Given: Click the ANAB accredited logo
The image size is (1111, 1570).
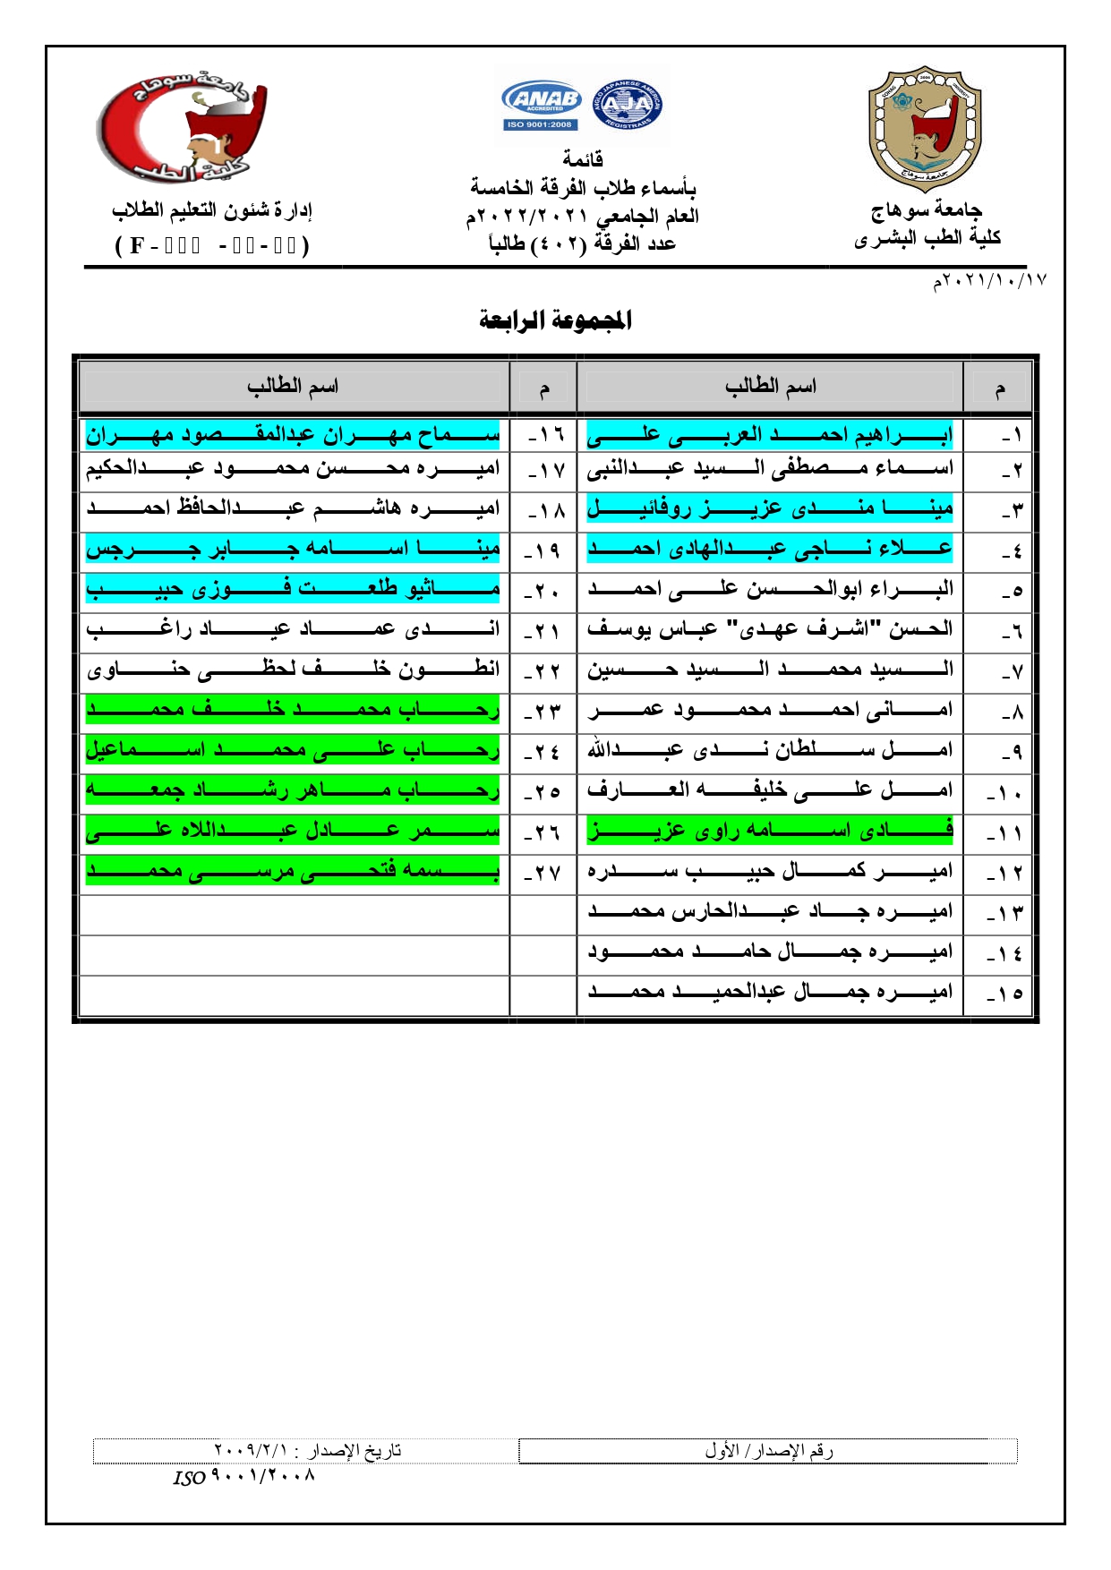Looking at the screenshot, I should (542, 106).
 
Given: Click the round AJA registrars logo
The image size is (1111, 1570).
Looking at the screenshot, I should (628, 105).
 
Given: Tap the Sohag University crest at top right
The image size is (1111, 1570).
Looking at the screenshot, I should (925, 129).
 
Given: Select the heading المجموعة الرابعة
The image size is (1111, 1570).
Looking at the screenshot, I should (555, 320).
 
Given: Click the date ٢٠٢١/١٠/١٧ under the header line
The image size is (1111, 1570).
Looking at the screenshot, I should (989, 281).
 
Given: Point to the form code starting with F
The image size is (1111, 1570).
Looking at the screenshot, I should (212, 245).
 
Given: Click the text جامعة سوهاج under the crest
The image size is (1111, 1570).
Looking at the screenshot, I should (926, 210).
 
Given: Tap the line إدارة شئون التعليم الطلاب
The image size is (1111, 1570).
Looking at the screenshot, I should (212, 211).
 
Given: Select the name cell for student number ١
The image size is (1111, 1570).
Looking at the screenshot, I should (770, 436).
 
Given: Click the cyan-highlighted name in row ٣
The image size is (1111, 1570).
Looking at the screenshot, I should (770, 509).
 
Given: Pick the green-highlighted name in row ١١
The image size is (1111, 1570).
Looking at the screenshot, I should (770, 832).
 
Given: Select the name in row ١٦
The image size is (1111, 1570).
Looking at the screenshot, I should (293, 436).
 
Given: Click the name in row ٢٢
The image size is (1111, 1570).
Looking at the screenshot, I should (293, 669).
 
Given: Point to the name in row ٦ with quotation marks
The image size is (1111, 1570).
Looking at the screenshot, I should (770, 629).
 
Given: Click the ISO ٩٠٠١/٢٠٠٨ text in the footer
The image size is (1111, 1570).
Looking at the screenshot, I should (244, 1477).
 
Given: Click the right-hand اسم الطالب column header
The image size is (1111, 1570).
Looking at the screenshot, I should (770, 387).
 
